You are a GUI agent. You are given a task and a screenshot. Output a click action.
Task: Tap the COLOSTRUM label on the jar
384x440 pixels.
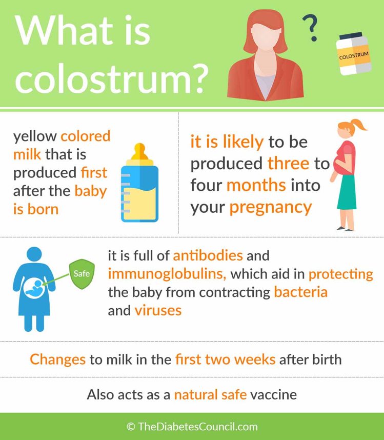(x=353, y=55)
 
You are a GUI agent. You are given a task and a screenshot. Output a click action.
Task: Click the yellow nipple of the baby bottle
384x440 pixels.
(x=139, y=153)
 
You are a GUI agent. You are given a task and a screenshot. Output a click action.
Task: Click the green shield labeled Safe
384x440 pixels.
(x=82, y=274)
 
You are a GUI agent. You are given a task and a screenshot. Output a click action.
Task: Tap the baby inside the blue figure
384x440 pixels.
(x=34, y=289)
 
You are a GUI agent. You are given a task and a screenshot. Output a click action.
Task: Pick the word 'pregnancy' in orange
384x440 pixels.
(x=270, y=207)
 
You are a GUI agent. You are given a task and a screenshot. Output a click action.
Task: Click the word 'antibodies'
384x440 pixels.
(x=208, y=255)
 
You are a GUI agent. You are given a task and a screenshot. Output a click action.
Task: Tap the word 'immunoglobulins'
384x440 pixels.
(x=167, y=274)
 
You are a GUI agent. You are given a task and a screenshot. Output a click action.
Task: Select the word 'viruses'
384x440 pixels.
(x=158, y=311)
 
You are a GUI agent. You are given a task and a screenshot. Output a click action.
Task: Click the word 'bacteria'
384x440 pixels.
(x=300, y=292)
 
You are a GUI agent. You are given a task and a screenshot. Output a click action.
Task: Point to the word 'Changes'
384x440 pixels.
(x=57, y=359)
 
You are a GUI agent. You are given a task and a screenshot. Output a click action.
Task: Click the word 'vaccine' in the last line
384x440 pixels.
(x=273, y=394)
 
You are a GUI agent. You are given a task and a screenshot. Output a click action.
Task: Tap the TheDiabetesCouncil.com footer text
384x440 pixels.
(x=192, y=427)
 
